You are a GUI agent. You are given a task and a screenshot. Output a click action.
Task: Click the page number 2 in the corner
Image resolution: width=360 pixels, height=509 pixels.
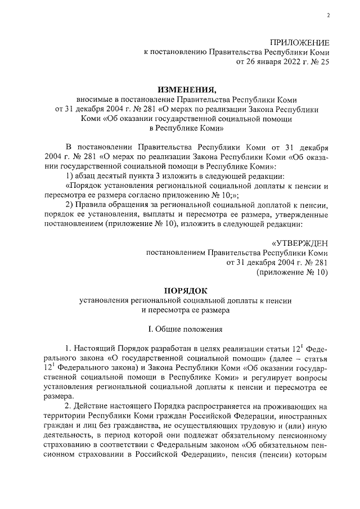[328, 15]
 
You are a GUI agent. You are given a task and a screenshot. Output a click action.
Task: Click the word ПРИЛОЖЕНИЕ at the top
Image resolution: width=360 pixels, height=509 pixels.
[300, 43]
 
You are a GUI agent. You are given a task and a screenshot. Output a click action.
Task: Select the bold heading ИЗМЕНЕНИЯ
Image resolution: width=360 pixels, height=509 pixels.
[185, 89]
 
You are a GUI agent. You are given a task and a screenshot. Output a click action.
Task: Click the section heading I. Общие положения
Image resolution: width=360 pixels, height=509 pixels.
[185, 328]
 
